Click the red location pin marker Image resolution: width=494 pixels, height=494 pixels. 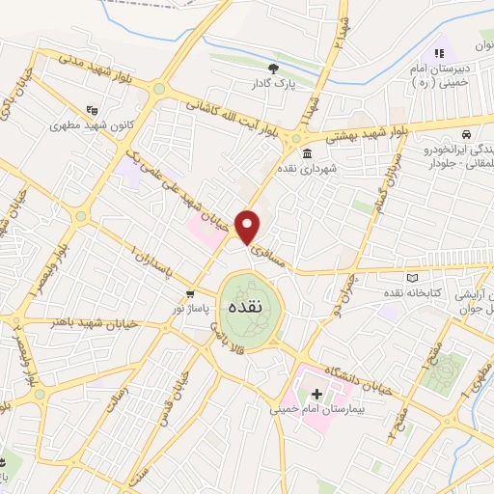(x=249, y=226)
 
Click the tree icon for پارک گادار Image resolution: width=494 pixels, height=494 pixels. (x=274, y=69)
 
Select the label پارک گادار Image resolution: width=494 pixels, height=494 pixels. (x=270, y=85)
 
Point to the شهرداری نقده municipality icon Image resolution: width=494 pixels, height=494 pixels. (x=306, y=154)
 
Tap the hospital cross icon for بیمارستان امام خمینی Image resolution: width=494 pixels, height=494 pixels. (x=316, y=393)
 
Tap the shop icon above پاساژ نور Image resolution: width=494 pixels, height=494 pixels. (x=191, y=293)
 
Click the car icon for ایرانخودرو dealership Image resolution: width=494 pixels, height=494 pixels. (x=466, y=133)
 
